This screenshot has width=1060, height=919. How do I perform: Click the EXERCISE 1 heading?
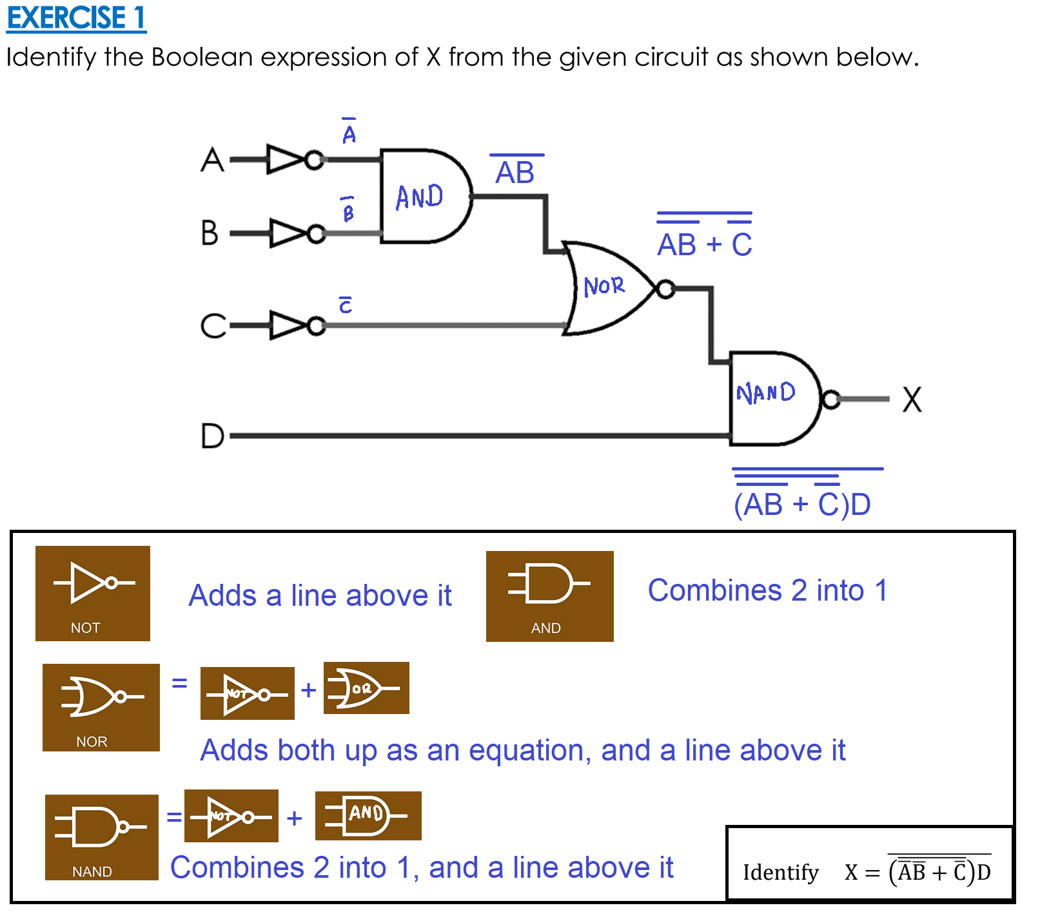(76, 18)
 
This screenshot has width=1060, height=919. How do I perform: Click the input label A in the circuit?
(212, 160)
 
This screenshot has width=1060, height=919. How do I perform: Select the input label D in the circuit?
(212, 436)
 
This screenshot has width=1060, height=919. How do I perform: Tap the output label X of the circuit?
(912, 400)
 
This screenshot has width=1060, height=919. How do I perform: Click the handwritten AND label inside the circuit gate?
(419, 197)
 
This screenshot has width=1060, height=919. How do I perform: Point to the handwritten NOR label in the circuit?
(604, 285)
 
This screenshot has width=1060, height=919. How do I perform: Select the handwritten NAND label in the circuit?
(766, 392)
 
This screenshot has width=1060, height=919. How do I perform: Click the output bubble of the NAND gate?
(831, 400)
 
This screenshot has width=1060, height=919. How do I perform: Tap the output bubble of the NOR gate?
(666, 289)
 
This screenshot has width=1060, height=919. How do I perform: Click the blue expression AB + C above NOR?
(705, 244)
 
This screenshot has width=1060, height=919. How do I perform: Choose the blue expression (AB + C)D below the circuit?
(803, 503)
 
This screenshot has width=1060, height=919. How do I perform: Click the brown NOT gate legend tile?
(93, 593)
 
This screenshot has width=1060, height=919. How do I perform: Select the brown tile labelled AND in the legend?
(549, 596)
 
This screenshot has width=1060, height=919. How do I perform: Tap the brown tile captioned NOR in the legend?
(101, 707)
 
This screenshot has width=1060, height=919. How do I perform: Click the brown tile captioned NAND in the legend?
(101, 837)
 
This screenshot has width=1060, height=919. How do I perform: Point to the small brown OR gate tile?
(366, 688)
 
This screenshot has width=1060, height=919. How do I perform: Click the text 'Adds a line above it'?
(320, 595)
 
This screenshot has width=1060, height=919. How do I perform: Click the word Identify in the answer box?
(781, 873)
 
